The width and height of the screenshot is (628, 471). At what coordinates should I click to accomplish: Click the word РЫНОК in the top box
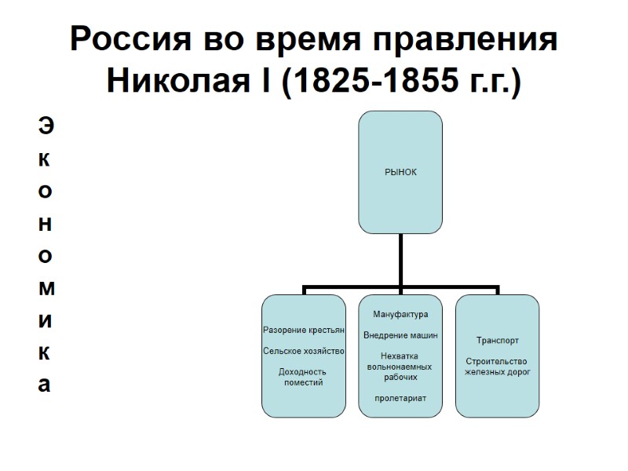tap(400, 170)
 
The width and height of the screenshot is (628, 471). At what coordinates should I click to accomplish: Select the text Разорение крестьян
tap(304, 330)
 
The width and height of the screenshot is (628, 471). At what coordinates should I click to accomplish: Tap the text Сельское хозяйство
tap(304, 351)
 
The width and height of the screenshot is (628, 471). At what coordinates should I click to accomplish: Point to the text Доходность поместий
tap(304, 377)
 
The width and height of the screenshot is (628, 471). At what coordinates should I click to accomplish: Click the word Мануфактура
tap(400, 315)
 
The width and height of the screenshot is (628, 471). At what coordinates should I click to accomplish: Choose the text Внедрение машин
tap(400, 335)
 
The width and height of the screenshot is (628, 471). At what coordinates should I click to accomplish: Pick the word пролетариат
tap(400, 398)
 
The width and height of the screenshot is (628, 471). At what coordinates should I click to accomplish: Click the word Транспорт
tap(497, 341)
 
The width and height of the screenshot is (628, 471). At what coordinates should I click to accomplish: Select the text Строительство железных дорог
tap(497, 367)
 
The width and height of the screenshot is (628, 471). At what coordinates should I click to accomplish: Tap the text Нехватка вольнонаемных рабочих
tap(400, 367)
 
